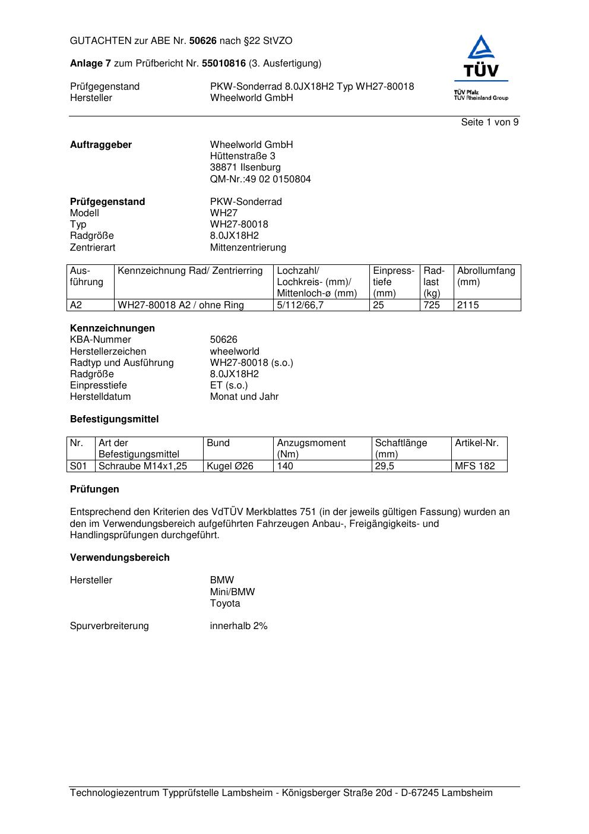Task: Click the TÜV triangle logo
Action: point(481,57)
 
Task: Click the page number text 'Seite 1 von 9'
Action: point(489,122)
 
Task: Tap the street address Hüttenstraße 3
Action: point(242,156)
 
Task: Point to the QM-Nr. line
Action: point(260,179)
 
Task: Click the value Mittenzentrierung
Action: point(248,248)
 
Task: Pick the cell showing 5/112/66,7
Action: point(300,305)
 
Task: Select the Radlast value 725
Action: point(432,305)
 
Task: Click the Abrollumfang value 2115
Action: point(468,305)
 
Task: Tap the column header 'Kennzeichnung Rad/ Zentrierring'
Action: point(190,271)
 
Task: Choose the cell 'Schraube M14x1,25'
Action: point(142,466)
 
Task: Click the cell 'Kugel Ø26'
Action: point(230,466)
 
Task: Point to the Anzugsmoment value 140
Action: point(285,466)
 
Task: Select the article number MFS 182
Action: point(474,466)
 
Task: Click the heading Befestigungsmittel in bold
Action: point(114,419)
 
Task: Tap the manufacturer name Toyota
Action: point(225,604)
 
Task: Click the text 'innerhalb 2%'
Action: point(239,626)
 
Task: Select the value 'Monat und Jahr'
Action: point(244,397)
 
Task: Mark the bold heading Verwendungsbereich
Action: point(119,558)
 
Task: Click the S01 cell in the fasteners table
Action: point(78,466)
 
